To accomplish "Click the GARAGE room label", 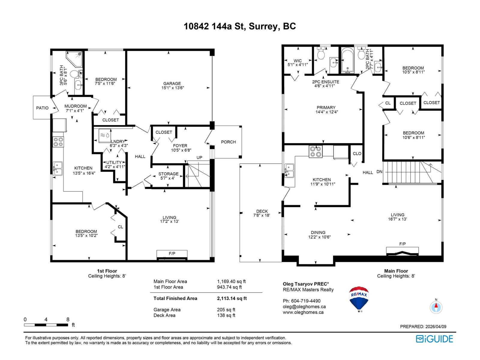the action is [172, 83].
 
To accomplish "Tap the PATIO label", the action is [42, 108].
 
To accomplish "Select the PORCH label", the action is [228, 142].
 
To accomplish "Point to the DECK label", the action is [262, 211].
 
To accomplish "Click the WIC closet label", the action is [297, 61].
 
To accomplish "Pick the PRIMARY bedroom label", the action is [326, 107].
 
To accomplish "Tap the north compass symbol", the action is [436, 307].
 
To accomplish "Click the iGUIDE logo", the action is [434, 339].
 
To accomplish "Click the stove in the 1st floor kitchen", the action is [58, 142].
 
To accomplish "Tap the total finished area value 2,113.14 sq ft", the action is [232, 298].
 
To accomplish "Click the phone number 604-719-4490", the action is [306, 301].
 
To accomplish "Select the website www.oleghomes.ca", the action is [303, 312].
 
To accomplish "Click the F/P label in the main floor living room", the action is [402, 244].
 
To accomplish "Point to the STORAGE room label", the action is [168, 174].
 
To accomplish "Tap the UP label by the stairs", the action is [199, 157].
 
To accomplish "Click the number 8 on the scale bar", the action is [68, 319].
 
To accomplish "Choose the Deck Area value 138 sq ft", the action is [226, 315].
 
